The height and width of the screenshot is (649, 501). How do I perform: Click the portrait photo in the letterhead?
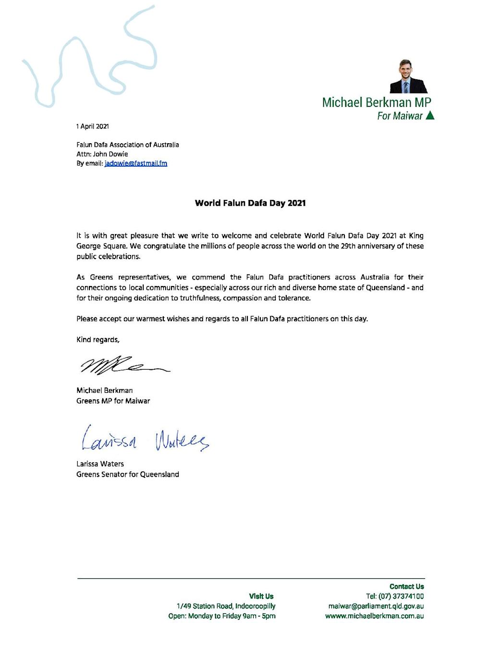coord(408,76)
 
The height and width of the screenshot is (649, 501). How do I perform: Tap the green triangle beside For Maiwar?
coord(430,115)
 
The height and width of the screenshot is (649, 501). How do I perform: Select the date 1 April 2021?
coord(92,126)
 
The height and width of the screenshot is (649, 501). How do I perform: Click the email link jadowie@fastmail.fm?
coord(136,163)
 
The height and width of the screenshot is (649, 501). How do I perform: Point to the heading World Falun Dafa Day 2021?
coord(250,203)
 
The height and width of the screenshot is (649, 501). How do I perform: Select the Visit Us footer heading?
coord(261,596)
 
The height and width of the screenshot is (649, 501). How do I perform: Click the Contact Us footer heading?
coord(406,587)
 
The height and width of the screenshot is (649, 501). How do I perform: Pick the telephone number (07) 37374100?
coord(401,596)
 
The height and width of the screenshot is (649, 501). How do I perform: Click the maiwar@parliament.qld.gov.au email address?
coord(376,606)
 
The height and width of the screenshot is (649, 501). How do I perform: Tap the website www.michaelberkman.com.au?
coord(374,616)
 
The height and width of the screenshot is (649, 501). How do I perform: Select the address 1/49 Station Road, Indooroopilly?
coord(226,606)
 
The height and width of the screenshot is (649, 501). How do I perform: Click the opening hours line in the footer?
coord(221,616)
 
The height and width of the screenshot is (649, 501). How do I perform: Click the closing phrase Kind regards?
coord(98,340)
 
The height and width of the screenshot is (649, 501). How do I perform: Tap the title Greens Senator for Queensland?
coord(127,474)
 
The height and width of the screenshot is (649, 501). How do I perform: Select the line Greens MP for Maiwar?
coord(113,401)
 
